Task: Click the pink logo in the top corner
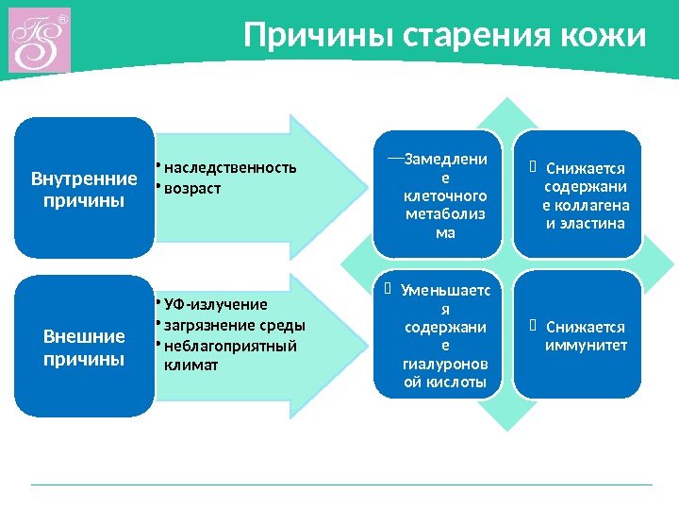[x=40, y=41]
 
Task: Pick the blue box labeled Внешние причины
[x=85, y=347]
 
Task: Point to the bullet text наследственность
[x=229, y=168]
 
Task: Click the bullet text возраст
[x=192, y=188]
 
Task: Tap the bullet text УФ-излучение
[x=215, y=304]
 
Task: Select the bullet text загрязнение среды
[x=235, y=325]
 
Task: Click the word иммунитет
[x=586, y=345]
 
